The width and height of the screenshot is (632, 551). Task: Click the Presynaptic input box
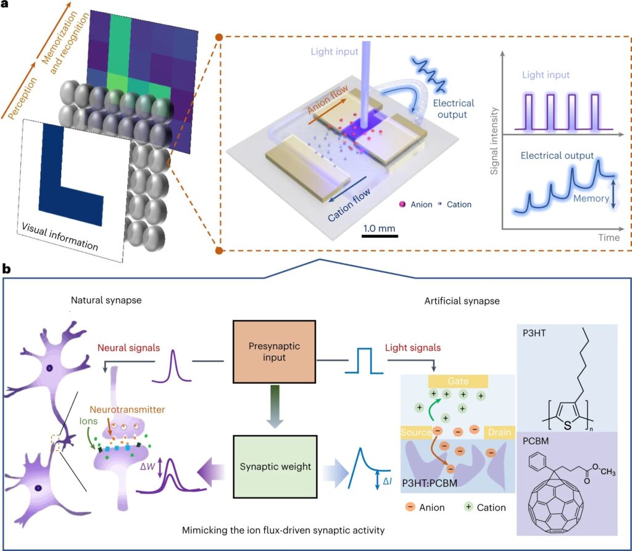click(x=274, y=351)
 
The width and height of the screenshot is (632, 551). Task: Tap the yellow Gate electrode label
click(x=458, y=381)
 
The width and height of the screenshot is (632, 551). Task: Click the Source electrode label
click(x=416, y=432)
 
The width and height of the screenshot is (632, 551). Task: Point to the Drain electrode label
click(x=499, y=432)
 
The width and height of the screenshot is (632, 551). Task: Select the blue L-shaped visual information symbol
click(x=71, y=175)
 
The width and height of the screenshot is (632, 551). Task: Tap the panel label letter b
click(x=6, y=269)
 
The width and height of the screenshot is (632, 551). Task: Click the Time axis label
click(x=609, y=238)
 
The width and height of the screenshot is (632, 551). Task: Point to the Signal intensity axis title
click(x=494, y=141)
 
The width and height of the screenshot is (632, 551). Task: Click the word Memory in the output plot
click(x=591, y=198)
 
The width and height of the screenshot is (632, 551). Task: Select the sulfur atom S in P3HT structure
click(x=568, y=425)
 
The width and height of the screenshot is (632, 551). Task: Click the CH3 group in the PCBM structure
click(x=608, y=471)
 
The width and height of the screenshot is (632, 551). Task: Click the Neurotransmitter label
click(x=127, y=410)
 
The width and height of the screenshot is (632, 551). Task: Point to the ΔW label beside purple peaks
click(x=148, y=468)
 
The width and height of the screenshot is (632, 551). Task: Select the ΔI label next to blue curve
click(x=387, y=481)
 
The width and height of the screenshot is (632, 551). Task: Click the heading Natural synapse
click(x=106, y=300)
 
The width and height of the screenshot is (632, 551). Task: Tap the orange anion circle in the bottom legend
click(x=410, y=507)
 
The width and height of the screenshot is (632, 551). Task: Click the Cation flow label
click(x=349, y=206)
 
